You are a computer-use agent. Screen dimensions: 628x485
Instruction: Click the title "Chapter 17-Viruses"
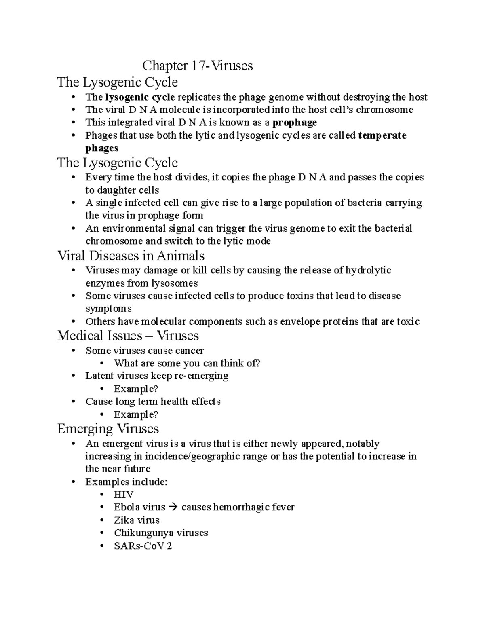point(198,66)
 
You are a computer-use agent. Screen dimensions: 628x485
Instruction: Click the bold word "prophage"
point(295,123)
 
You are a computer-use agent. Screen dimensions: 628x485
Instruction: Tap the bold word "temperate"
point(382,135)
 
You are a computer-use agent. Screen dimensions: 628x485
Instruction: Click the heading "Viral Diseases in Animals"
point(131,256)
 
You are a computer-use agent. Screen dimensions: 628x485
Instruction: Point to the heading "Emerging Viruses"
point(108,429)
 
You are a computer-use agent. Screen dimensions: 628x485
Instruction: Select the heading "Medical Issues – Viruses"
point(128,336)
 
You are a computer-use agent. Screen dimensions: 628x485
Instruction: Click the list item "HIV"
point(124,495)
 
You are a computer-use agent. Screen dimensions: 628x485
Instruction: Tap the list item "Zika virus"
point(137,520)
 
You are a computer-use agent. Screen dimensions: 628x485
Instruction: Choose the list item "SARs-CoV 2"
point(143,546)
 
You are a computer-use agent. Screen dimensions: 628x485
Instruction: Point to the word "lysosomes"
point(175,283)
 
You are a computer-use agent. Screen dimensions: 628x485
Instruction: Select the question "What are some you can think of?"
point(187,363)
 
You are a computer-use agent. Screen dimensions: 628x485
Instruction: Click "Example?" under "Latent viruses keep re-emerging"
point(136,389)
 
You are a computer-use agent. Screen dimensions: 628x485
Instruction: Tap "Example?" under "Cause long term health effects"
point(136,414)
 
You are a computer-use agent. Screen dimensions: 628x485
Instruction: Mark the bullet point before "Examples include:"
point(73,482)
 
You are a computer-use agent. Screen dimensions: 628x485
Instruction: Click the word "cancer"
point(189,351)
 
